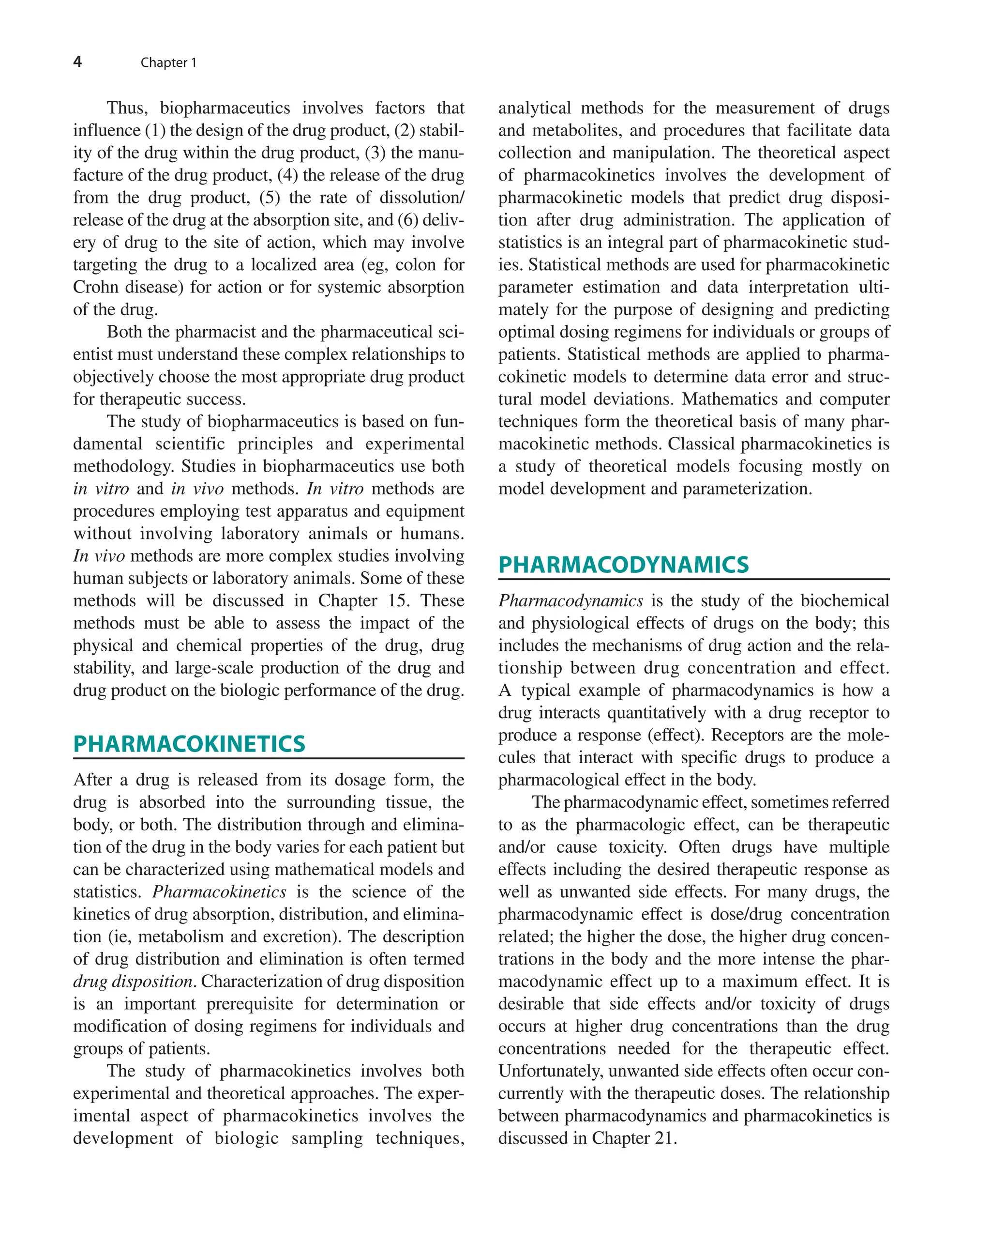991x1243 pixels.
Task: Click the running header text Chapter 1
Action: pos(168,63)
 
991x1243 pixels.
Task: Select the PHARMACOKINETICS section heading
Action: pos(189,744)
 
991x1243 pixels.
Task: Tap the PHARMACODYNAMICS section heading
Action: pos(623,565)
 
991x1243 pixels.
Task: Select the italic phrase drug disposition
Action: pos(133,981)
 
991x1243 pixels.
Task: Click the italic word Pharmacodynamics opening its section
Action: pos(571,601)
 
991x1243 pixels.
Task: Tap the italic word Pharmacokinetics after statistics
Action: pos(219,892)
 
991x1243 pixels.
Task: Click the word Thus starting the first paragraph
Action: pos(127,108)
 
